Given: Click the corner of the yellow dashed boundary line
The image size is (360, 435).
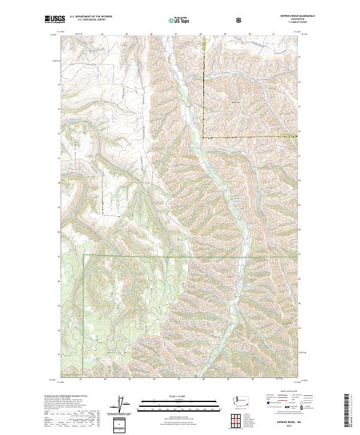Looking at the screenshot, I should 202,139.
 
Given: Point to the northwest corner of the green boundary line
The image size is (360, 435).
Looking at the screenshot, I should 84,255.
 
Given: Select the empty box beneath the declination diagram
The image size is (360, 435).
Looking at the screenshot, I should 121,425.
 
